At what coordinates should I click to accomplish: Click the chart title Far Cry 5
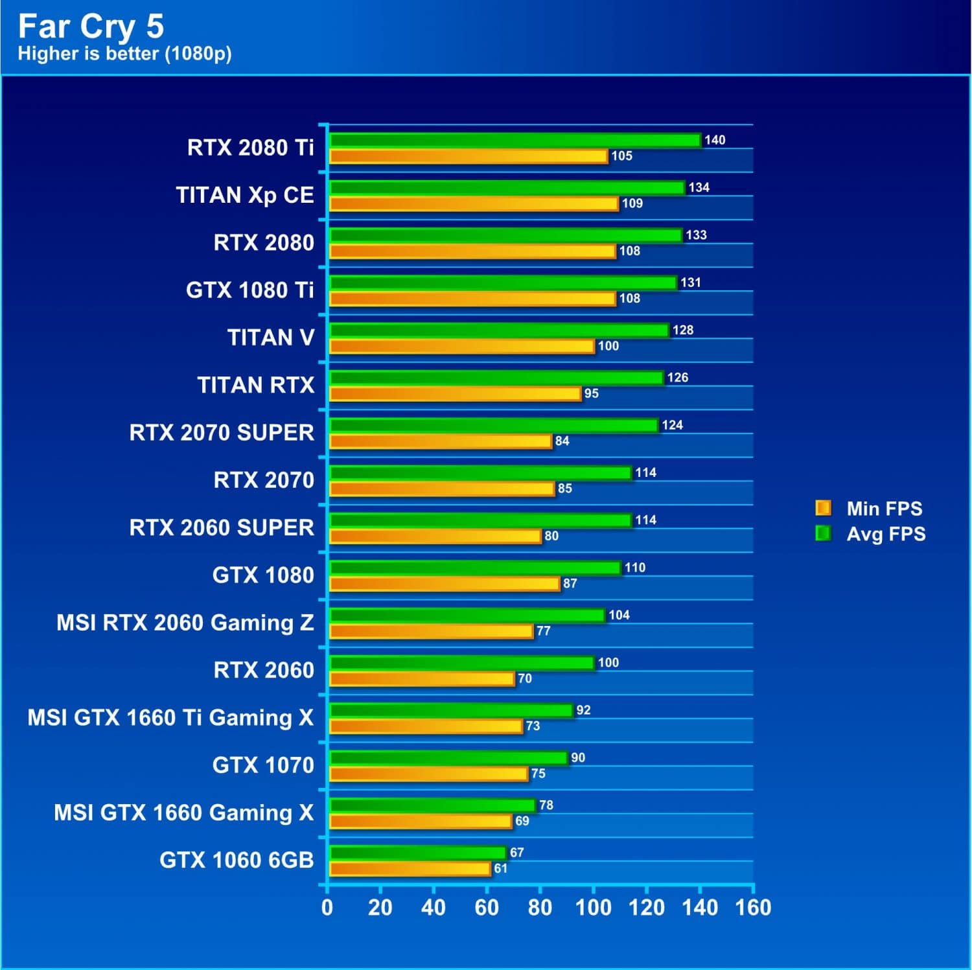pyautogui.click(x=91, y=27)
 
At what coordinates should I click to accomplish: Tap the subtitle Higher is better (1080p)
pyautogui.click(x=124, y=53)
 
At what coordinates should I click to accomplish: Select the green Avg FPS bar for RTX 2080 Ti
pyautogui.click(x=515, y=140)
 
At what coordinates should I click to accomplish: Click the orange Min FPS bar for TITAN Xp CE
pyautogui.click(x=474, y=203)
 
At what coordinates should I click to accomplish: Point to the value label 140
pyautogui.click(x=715, y=140)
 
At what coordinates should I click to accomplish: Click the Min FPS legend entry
pyautogui.click(x=869, y=509)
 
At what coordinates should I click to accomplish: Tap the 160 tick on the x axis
pyautogui.click(x=753, y=908)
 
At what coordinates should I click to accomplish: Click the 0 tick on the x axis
pyautogui.click(x=327, y=908)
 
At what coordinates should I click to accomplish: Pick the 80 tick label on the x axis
pyautogui.click(x=540, y=908)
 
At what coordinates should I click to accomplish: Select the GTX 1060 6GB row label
pyautogui.click(x=237, y=860)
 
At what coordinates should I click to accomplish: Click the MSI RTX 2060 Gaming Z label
pyautogui.click(x=185, y=623)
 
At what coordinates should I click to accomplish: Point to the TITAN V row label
pyautogui.click(x=270, y=338)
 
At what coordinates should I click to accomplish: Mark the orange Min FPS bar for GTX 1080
pyautogui.click(x=445, y=584)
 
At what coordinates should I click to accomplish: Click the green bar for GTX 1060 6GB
pyautogui.click(x=418, y=853)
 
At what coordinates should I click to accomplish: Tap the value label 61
pyautogui.click(x=501, y=868)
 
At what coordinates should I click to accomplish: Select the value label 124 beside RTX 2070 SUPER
pyautogui.click(x=672, y=425)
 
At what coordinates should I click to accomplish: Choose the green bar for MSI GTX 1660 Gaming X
pyautogui.click(x=432, y=805)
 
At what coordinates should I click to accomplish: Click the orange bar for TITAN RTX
pyautogui.click(x=455, y=394)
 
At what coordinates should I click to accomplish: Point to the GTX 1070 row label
pyautogui.click(x=263, y=765)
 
